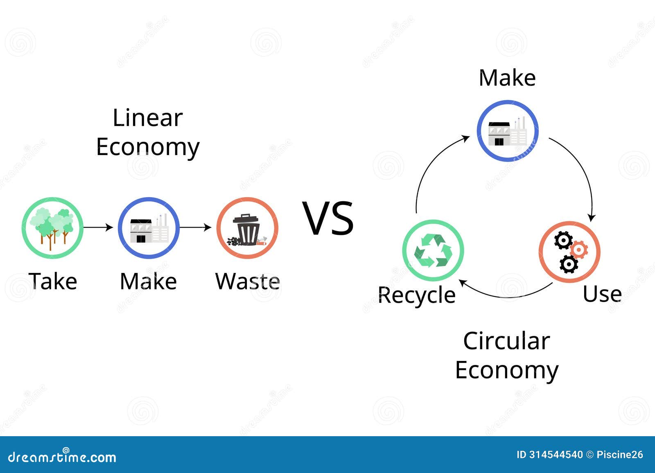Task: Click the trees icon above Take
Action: [52, 227]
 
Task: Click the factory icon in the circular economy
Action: [507, 131]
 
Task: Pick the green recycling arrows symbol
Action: [433, 250]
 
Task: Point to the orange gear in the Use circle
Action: [579, 249]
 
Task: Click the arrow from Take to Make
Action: [98, 227]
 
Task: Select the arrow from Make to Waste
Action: [196, 227]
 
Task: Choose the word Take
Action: [53, 282]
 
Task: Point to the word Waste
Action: [248, 282]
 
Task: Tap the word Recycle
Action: [416, 295]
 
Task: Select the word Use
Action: [602, 294]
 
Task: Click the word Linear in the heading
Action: [148, 118]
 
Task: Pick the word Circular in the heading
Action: [506, 341]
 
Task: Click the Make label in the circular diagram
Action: [507, 78]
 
